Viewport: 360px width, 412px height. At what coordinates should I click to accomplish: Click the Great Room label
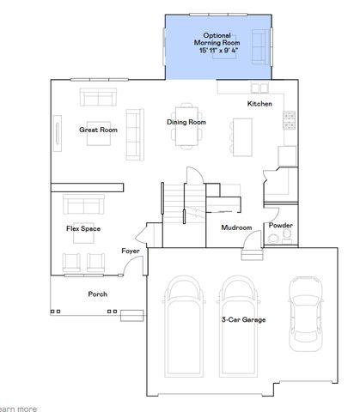98,130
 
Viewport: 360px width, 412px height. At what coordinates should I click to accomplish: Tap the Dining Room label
186,122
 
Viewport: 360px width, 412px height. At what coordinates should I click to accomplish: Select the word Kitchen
259,104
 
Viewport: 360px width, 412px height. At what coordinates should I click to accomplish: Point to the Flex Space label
83,229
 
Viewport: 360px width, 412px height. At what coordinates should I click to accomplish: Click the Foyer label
130,251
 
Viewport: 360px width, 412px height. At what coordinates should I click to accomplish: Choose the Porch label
98,294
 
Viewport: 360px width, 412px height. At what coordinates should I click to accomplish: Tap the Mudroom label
236,227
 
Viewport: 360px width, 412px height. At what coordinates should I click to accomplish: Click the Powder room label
280,226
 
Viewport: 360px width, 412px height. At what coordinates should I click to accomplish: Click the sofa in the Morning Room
258,40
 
